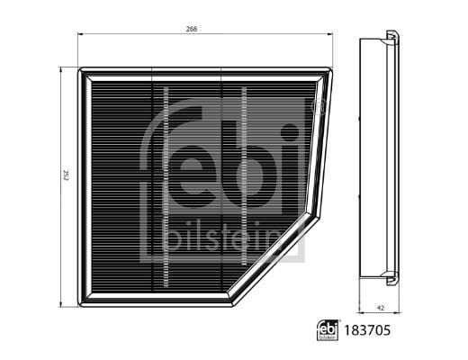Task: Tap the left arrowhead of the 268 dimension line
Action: point(81,36)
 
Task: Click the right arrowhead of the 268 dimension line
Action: point(331,36)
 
